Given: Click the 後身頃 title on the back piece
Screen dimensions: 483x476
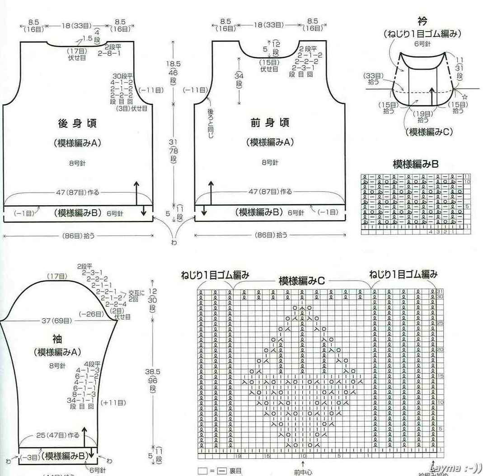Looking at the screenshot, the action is pos(77,123).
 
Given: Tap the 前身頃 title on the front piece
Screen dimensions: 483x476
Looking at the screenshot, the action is pos(270,123).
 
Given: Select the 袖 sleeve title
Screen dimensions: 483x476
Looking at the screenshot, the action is pos(57,339).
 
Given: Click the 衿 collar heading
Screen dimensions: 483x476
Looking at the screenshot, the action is pos(422,22).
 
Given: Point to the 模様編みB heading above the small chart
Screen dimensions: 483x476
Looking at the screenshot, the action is pos(415,164).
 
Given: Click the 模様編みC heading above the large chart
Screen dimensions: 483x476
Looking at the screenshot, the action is pos(302,281).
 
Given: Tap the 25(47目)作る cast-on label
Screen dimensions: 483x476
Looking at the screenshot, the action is pos(57,435).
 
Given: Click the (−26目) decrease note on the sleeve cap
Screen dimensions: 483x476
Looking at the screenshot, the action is pos(89,314).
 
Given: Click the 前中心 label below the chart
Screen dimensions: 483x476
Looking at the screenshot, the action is pos(302,472).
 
